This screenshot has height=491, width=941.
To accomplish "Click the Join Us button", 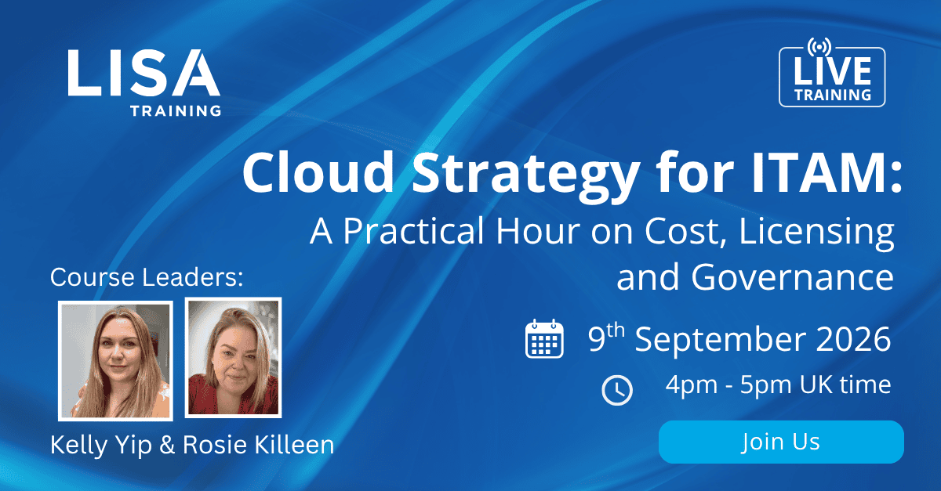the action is click(781, 442).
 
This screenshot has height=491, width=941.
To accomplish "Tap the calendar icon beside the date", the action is click(544, 338).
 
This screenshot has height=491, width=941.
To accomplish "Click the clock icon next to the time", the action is click(617, 390).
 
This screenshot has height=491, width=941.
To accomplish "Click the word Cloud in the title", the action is click(318, 172).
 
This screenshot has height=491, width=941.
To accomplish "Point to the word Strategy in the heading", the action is click(526, 176).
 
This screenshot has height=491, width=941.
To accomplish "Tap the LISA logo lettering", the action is click(144, 73).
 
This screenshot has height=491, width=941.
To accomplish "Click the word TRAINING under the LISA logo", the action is click(176, 110).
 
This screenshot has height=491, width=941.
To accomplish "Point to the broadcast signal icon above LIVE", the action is click(819, 46).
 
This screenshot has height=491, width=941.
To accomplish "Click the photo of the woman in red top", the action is click(233, 358).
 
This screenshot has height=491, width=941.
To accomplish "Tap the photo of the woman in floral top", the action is click(115, 360).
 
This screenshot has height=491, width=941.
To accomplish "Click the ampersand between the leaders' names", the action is click(167, 445).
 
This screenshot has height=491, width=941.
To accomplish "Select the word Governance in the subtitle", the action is click(792, 277).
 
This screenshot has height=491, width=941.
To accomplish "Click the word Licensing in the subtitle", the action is click(816, 233).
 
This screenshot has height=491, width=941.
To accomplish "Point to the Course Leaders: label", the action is click(147, 277).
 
